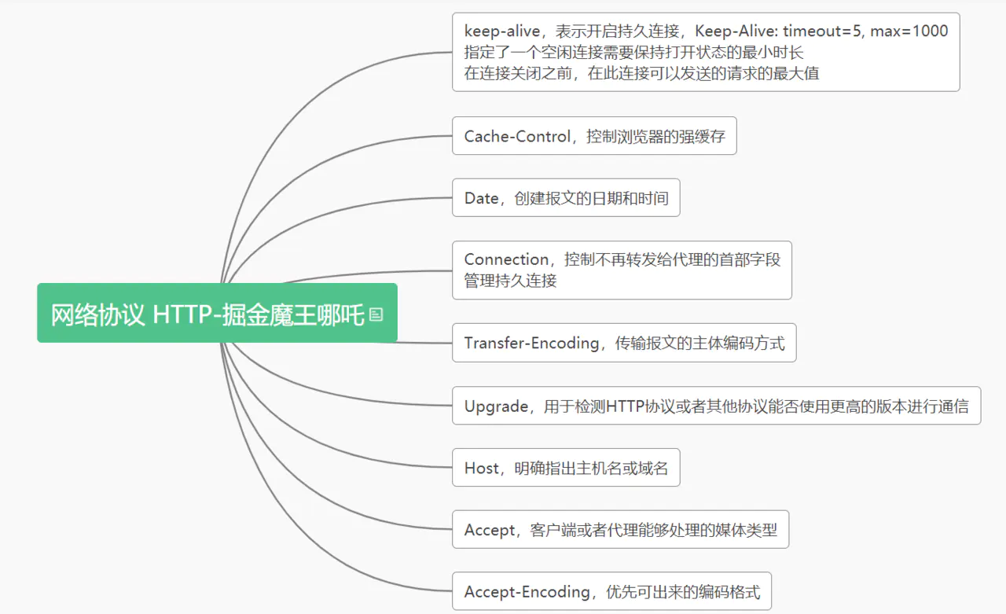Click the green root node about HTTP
coord(218,313)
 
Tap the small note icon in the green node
coord(376,314)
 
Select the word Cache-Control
coord(517,136)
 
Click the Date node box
coord(566,197)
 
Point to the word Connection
coord(506,259)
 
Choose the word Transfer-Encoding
coord(531,343)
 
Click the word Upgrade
coord(496,406)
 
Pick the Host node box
coord(566,467)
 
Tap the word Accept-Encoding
coord(527,591)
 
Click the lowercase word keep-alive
coord(501,31)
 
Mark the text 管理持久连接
coord(510,281)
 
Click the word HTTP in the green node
coord(182,314)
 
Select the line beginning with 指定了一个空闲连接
coord(633,52)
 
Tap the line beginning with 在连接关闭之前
coord(642,73)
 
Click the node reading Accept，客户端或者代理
coord(620,529)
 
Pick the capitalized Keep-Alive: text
coord(736,31)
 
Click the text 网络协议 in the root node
coord(97,314)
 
